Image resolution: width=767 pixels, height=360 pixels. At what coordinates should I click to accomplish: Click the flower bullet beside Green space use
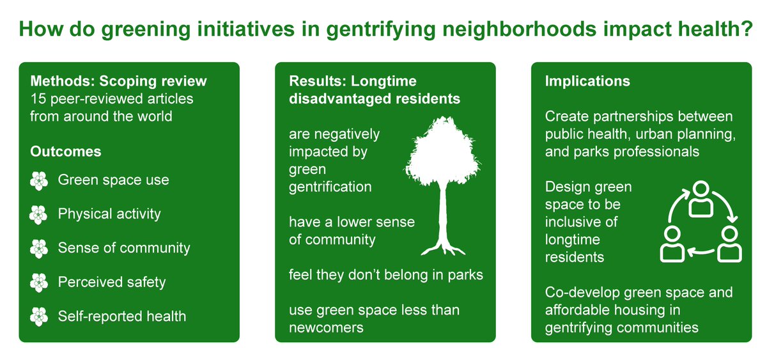(39, 180)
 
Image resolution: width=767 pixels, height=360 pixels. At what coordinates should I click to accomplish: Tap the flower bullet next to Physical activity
(39, 214)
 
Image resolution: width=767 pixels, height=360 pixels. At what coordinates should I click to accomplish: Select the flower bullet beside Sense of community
(39, 248)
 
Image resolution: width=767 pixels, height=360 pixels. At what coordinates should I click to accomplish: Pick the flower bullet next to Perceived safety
(39, 282)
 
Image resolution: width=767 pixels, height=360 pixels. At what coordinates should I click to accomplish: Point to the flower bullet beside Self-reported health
(39, 316)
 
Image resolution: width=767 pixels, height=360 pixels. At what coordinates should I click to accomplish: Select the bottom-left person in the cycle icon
(670, 244)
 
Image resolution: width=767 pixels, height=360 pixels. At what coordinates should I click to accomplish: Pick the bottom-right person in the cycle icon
(729, 244)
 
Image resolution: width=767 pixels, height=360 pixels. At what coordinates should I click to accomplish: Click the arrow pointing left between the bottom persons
(700, 254)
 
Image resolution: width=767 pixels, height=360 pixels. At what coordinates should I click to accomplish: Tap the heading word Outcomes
(65, 152)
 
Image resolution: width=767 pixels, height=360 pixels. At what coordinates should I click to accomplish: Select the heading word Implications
(587, 81)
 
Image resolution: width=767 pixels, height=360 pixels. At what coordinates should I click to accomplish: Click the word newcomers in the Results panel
(326, 327)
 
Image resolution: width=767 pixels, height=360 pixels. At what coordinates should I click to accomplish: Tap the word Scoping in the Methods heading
(143, 81)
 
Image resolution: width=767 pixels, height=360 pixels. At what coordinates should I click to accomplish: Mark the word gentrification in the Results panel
(330, 187)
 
